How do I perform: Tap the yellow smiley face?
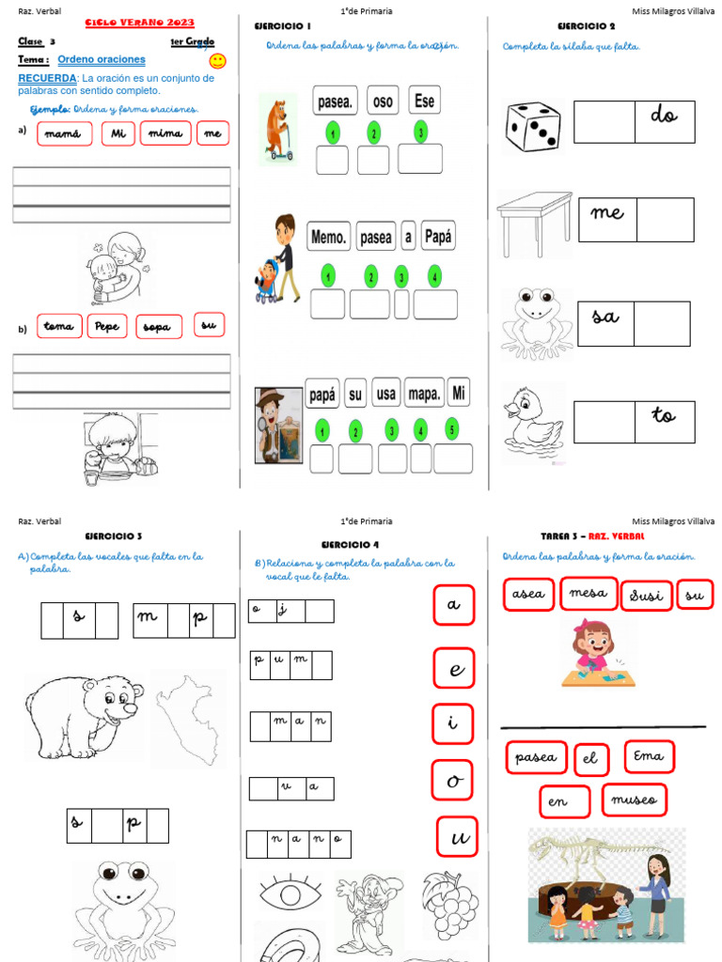[x=217, y=61]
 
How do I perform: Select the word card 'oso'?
[x=383, y=100]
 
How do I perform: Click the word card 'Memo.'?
[x=329, y=238]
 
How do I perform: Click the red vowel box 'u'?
[x=457, y=836]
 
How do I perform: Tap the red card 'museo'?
[x=634, y=799]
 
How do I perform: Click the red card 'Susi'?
[x=646, y=594]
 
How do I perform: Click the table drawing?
[x=533, y=224]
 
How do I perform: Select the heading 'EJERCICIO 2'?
[x=587, y=26]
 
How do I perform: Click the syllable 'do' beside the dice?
[x=664, y=116]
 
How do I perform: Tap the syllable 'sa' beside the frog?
[x=605, y=317]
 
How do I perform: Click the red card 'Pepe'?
[x=107, y=326]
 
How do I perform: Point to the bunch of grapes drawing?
[x=450, y=904]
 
